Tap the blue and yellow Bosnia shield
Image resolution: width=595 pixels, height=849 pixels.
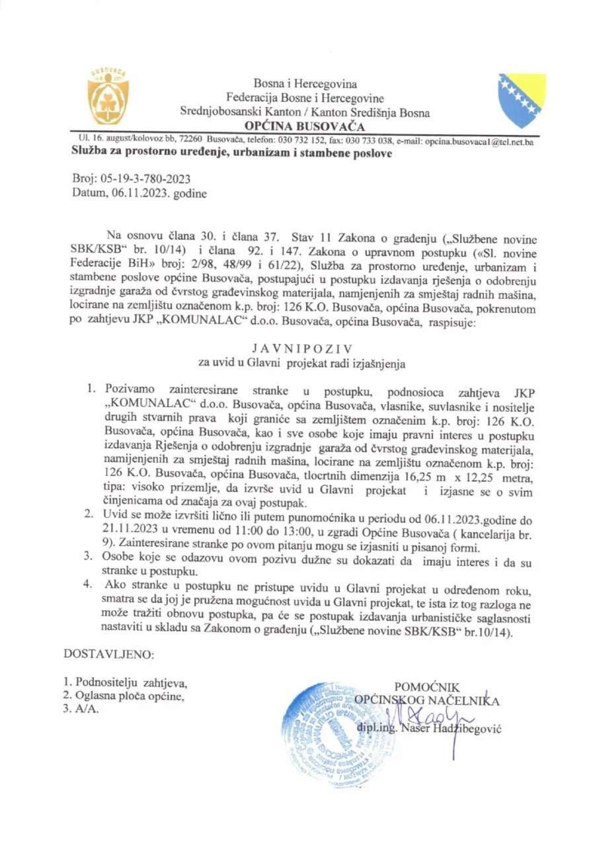[x=522, y=101]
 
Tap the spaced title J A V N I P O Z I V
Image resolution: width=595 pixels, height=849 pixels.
[x=301, y=347]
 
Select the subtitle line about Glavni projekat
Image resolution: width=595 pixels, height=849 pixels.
[x=301, y=363]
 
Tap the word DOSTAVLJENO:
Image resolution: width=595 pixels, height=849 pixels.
[x=108, y=655]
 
